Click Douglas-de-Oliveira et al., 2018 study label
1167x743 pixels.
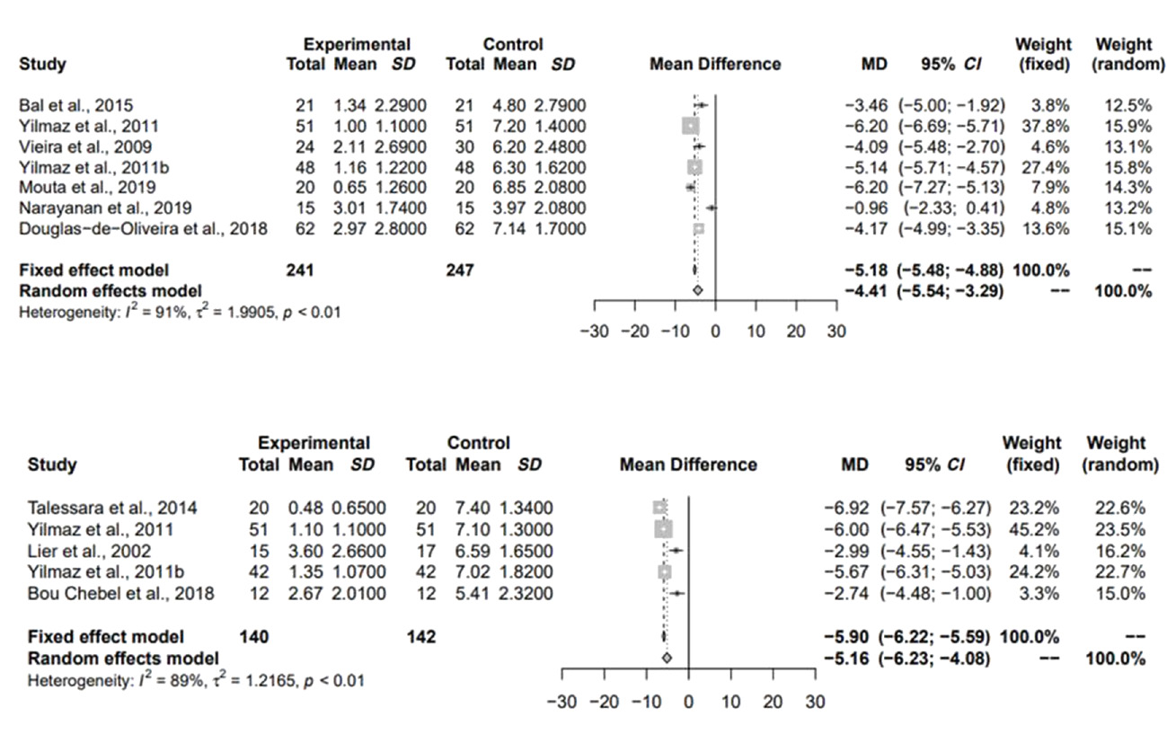[x=143, y=229]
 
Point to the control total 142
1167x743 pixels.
[x=420, y=636]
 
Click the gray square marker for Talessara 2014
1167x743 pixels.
[x=661, y=508]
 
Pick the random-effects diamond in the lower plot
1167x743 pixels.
[x=667, y=658]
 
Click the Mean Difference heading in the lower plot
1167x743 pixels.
[x=688, y=464]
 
